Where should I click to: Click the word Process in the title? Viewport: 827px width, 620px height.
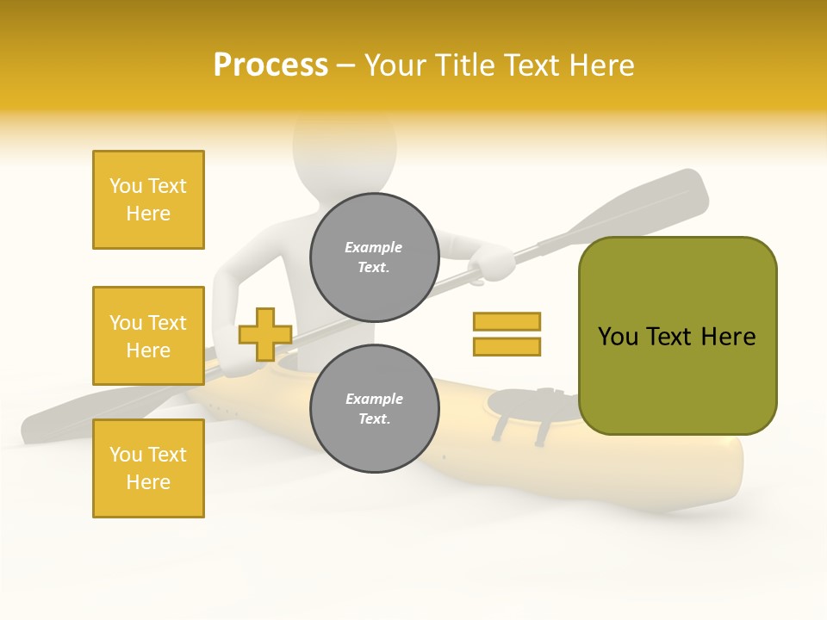(x=270, y=65)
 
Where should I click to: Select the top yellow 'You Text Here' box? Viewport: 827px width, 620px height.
(x=148, y=200)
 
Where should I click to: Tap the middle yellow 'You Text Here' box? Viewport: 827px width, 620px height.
(x=148, y=336)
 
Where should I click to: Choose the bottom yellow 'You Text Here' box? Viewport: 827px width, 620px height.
(x=148, y=468)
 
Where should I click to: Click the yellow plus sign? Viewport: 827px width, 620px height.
(x=264, y=334)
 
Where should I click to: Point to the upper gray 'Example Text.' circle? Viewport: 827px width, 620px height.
(x=374, y=257)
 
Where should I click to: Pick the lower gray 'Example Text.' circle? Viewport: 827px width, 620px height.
(x=374, y=408)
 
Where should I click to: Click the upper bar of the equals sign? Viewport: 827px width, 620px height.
(x=507, y=321)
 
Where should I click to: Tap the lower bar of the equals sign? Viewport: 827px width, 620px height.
(x=507, y=346)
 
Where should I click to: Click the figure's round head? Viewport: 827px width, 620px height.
(x=345, y=155)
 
